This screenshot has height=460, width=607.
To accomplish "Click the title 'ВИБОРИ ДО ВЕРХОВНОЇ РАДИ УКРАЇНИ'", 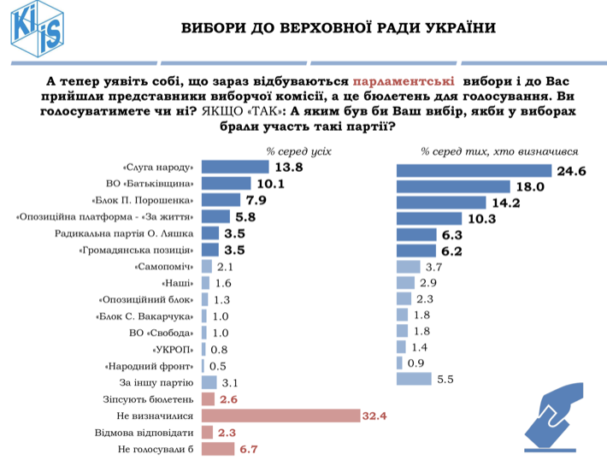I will [338, 27].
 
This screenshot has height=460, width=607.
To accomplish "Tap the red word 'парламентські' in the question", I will [402, 80].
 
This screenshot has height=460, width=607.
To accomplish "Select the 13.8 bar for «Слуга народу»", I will [235, 168].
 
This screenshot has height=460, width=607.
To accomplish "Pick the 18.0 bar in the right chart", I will [453, 187].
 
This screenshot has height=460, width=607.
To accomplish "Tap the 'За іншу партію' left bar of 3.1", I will [209, 383].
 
